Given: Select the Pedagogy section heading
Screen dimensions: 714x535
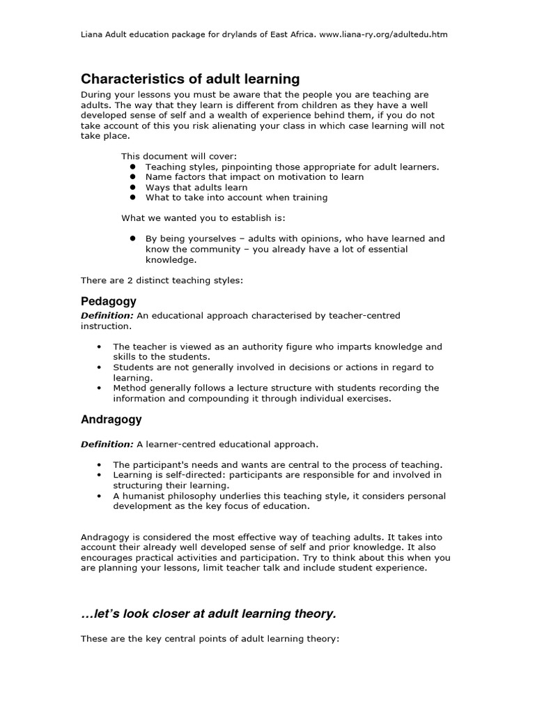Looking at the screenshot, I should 109,301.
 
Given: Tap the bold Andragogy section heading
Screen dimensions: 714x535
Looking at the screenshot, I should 111,420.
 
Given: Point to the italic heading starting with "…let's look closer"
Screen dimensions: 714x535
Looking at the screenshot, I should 208,614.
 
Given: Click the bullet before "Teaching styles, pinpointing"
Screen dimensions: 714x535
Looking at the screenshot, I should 131,167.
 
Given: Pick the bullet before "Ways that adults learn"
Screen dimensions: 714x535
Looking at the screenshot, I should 131,188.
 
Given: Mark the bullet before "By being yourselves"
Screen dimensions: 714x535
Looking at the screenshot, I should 131,238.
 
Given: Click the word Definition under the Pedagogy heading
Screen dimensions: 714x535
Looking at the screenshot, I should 107,316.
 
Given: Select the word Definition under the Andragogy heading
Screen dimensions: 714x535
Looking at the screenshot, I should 107,444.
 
